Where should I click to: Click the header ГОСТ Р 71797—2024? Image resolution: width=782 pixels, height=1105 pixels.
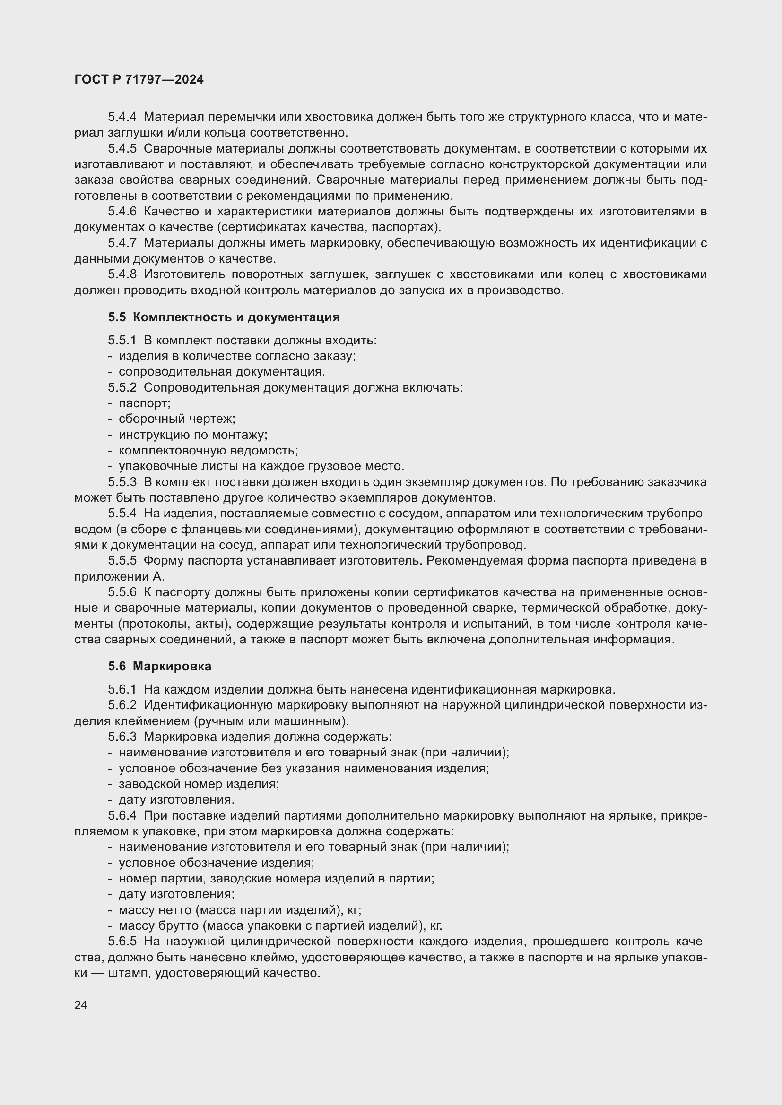(139, 80)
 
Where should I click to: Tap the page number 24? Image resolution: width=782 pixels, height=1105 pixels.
(81, 1005)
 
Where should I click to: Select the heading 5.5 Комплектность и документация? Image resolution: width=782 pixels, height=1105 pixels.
(224, 317)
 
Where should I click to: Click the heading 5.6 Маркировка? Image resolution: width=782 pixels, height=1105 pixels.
(159, 666)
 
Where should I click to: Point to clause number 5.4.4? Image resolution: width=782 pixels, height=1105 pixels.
(122, 117)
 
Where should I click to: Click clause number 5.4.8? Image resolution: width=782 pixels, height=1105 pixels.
(122, 274)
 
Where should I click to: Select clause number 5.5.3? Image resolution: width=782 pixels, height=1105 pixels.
(122, 482)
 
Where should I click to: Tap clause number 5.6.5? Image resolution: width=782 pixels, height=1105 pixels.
(122, 942)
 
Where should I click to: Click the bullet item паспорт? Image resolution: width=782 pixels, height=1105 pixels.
(145, 403)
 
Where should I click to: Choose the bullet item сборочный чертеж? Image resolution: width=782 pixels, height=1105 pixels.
(177, 419)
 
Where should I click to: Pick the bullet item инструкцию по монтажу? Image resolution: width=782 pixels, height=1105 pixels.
(192, 435)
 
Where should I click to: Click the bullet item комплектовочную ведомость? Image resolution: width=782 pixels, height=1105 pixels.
(208, 451)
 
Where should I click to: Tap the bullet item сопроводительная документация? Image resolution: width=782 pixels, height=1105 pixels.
(221, 371)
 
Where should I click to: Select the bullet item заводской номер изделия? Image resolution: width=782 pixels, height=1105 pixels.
(199, 783)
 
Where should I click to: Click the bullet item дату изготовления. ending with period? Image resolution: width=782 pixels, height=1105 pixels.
(176, 799)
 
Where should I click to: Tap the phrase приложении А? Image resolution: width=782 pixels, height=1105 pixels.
(120, 576)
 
